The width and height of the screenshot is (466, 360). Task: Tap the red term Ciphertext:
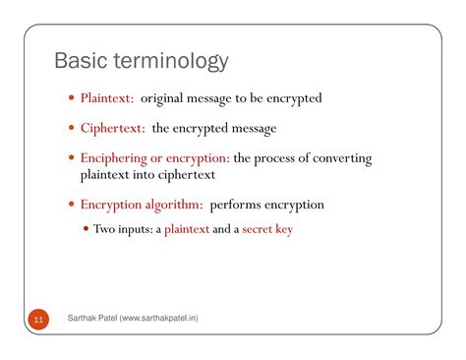(112, 128)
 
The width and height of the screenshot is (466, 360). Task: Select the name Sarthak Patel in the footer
(91, 320)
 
